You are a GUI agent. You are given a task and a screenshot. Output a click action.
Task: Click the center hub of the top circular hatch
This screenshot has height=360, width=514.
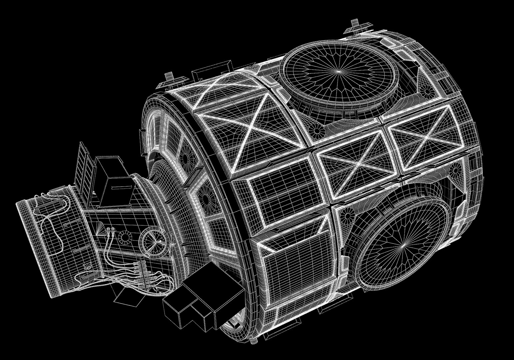pos(339,71)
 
